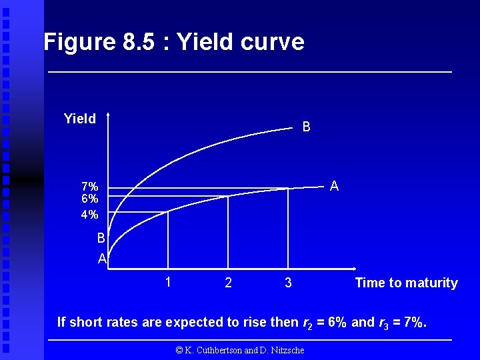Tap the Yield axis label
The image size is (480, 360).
coord(79,119)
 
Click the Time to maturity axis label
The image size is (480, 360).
coord(406,283)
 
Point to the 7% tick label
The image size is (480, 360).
coord(90,187)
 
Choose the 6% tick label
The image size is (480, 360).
coord(90,199)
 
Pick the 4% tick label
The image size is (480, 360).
coord(90,215)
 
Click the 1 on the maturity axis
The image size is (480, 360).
coord(169,282)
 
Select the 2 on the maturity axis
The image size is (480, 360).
coord(229,283)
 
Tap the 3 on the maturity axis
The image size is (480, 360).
coord(288,283)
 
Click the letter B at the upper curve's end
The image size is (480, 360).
coord(306,127)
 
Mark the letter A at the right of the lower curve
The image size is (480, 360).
coord(334,187)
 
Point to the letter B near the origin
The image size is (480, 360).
coord(101,238)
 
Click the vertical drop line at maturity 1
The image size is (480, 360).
coord(167,240)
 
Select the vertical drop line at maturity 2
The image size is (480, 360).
coord(228,233)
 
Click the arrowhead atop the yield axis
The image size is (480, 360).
coord(108,115)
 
